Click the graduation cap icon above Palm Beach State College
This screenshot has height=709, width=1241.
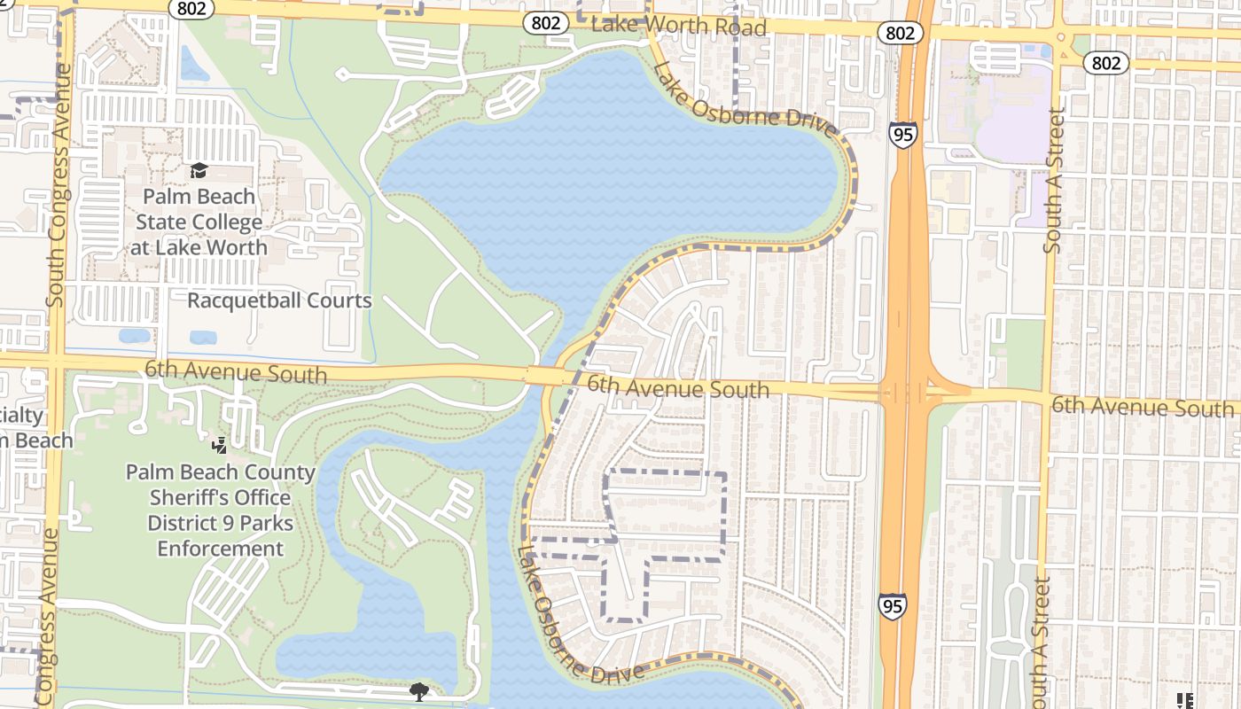pyautogui.click(x=199, y=170)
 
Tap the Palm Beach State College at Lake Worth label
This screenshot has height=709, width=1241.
pyautogui.click(x=199, y=222)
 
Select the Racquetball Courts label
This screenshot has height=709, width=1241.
pyautogui.click(x=279, y=300)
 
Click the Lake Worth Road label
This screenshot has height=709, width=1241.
pyautogui.click(x=678, y=26)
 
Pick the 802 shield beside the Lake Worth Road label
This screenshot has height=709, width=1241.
pyautogui.click(x=545, y=23)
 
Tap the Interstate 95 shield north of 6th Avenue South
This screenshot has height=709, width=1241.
pyautogui.click(x=902, y=135)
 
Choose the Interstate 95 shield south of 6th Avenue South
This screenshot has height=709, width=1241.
pyautogui.click(x=893, y=605)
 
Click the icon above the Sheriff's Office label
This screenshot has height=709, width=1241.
pyautogui.click(x=220, y=445)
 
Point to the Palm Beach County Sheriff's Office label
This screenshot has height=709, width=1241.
pyautogui.click(x=220, y=510)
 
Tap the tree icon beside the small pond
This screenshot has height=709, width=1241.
pyautogui.click(x=418, y=690)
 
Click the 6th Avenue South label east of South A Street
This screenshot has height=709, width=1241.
pyautogui.click(x=1142, y=407)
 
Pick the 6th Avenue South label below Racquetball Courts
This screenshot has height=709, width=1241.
pyautogui.click(x=235, y=372)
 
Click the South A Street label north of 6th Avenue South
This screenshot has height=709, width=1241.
pyautogui.click(x=1053, y=181)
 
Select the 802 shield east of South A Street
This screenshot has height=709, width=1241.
pyautogui.click(x=1105, y=62)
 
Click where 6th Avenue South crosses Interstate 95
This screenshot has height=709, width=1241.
pyautogui.click(x=904, y=392)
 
